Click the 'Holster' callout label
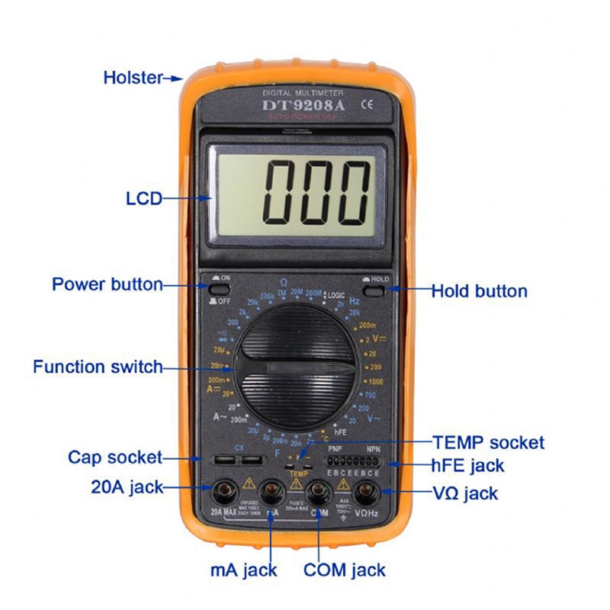[133, 77]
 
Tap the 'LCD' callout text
[144, 199]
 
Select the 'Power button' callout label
[107, 284]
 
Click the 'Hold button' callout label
[479, 291]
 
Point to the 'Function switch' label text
[98, 367]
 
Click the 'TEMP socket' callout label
[488, 442]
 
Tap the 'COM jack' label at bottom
[344, 569]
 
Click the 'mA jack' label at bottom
[243, 569]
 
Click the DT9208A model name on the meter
[303, 105]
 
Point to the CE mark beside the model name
[365, 105]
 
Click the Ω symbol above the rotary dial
[283, 282]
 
